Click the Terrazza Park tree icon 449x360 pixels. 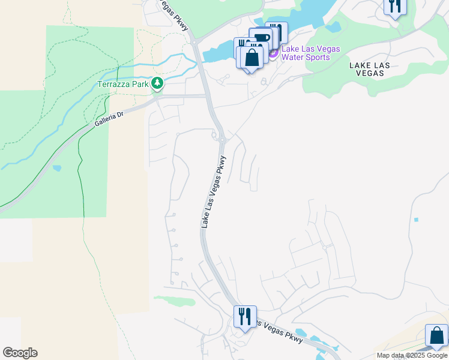pos(157,83)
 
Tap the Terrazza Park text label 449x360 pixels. pos(123,84)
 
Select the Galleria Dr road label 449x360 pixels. pos(109,119)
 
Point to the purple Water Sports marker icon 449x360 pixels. pos(273,53)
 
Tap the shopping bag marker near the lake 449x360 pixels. pos(252,58)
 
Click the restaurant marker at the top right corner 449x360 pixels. pos(395,6)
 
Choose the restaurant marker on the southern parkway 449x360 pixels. pos(245,316)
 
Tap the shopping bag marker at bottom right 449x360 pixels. pos(436,335)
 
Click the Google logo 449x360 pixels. pos(20,353)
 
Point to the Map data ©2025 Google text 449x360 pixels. pos(412,355)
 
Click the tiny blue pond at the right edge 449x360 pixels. pos(416,220)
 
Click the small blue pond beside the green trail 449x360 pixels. pos(56,168)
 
